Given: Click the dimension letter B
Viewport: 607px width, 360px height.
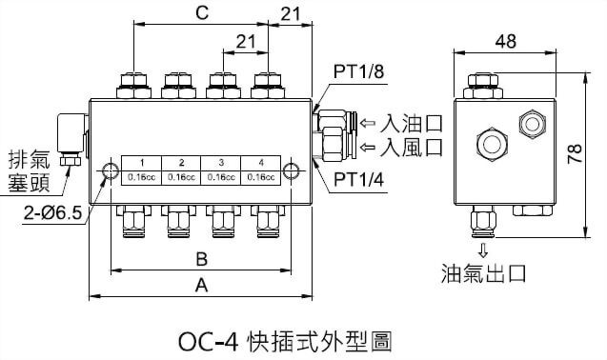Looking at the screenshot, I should (x=202, y=258).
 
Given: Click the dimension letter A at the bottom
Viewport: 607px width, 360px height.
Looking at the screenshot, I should (x=202, y=285).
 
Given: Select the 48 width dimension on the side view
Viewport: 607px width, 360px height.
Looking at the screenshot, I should (x=506, y=41).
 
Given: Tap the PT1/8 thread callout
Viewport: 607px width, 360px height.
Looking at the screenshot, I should (x=357, y=72).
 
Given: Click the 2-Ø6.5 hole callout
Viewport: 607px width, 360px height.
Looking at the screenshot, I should (x=39, y=210).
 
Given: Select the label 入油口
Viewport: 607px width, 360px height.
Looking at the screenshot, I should (x=413, y=123).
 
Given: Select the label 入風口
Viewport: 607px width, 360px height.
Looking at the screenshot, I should (x=413, y=147).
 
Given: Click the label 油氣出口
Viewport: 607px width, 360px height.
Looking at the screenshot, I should (x=484, y=275).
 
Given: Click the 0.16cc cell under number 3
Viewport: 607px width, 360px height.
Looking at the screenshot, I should (x=220, y=175).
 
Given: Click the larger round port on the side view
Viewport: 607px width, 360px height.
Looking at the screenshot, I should (x=492, y=144).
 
